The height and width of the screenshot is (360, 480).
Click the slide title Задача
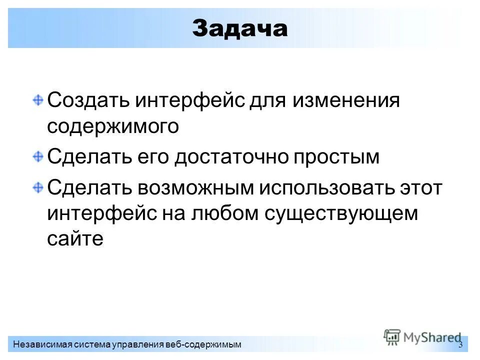tap(240, 28)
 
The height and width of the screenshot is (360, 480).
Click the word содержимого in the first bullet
tap(113, 126)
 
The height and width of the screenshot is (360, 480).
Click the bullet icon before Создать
tap(38, 99)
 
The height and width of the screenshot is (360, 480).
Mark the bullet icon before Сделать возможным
tap(38, 186)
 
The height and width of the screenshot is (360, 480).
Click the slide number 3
tap(460, 344)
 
